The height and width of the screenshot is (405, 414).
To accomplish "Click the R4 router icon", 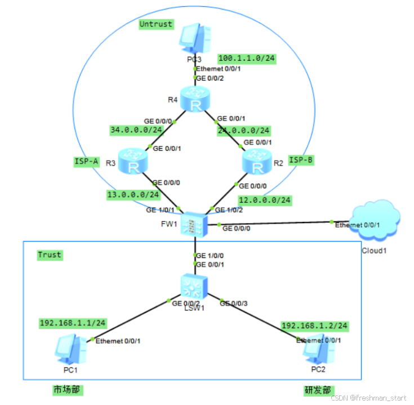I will coord(195,100).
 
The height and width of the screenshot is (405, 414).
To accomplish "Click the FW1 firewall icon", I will coord(195,224).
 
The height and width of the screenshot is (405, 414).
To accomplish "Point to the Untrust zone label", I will coord(156,24).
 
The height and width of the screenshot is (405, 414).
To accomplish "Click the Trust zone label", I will coord(50,255).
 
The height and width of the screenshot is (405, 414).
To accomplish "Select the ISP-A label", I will coord(86,162).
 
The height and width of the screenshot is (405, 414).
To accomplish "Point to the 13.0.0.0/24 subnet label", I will coord(133,195).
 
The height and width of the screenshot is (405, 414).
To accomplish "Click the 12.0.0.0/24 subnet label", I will coord(265,200).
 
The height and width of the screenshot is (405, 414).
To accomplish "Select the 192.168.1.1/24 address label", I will coord(72,323).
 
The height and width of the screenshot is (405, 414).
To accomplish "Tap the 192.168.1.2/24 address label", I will coord(314,326).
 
